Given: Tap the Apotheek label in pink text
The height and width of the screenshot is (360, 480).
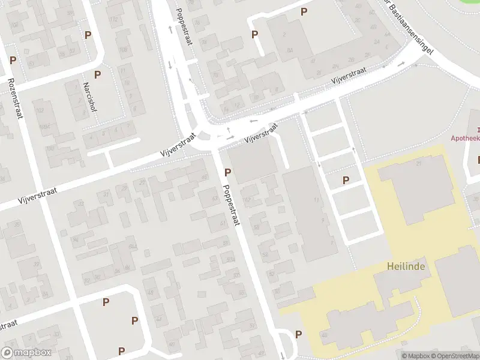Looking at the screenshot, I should (466, 137).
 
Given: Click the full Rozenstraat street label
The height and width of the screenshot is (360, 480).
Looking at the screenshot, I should (15, 98).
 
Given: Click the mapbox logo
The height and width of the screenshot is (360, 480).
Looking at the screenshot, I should (26, 353).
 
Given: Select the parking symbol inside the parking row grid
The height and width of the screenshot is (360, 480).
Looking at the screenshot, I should (346, 180).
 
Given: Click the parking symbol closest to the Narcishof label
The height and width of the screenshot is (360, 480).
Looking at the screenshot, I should (97, 75).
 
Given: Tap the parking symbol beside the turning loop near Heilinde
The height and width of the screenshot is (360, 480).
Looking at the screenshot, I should (298, 334).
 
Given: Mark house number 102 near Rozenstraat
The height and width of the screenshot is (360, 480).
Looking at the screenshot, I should (40, 111).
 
